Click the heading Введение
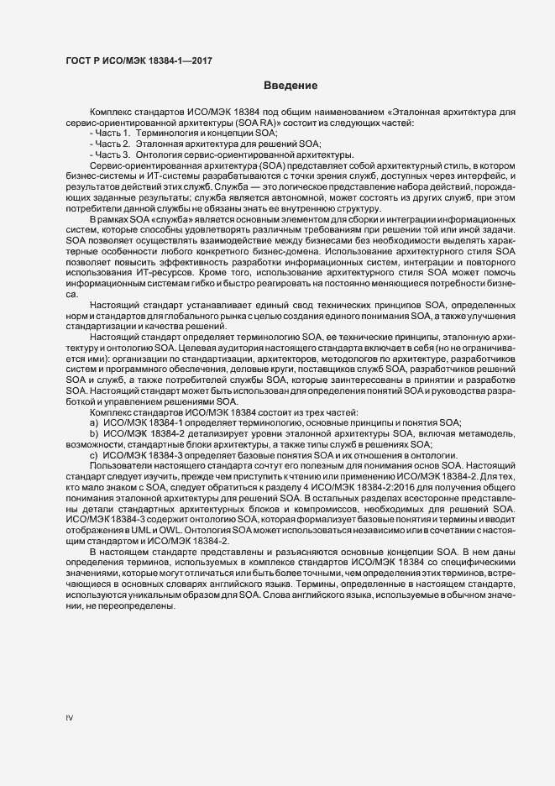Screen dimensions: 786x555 click(x=290, y=86)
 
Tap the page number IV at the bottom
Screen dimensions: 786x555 click(x=70, y=718)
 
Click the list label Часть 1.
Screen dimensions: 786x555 click(x=112, y=134)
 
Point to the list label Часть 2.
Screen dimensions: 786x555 click(x=112, y=144)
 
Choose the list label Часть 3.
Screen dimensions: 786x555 click(x=112, y=155)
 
